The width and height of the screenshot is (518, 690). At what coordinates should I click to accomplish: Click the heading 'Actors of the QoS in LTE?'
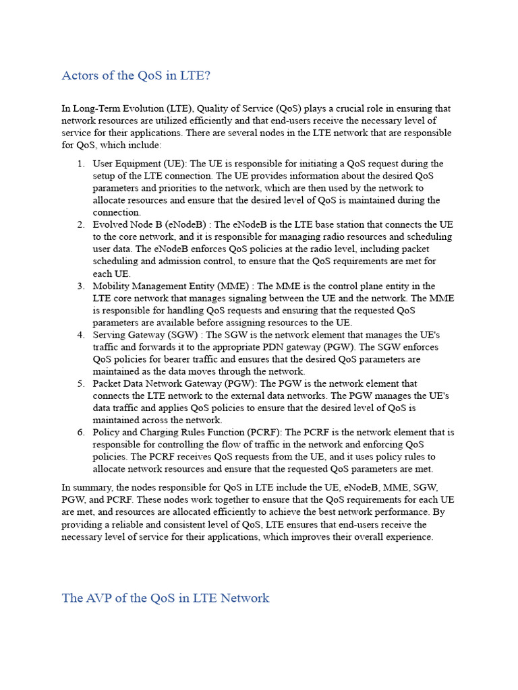click(136, 75)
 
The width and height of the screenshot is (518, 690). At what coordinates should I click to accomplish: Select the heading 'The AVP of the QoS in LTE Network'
click(165, 598)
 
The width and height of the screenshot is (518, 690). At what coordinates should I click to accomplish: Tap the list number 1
click(80, 164)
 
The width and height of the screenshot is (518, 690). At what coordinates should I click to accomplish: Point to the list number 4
click(80, 335)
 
